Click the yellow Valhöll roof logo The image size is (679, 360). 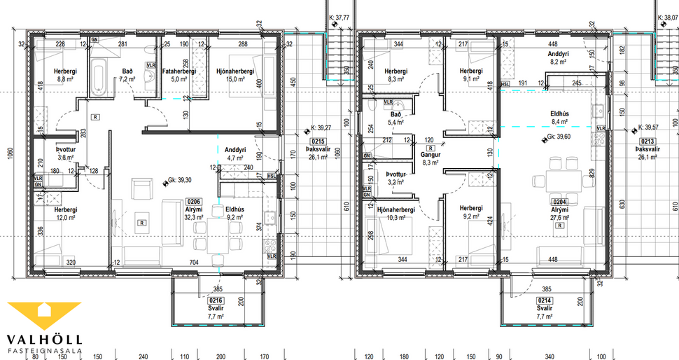(44, 314)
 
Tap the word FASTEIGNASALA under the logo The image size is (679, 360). (43, 350)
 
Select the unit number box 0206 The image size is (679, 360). (192, 201)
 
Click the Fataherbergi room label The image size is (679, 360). (180, 71)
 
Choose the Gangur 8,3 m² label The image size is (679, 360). (430, 158)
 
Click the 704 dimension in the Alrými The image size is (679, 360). (193, 262)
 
